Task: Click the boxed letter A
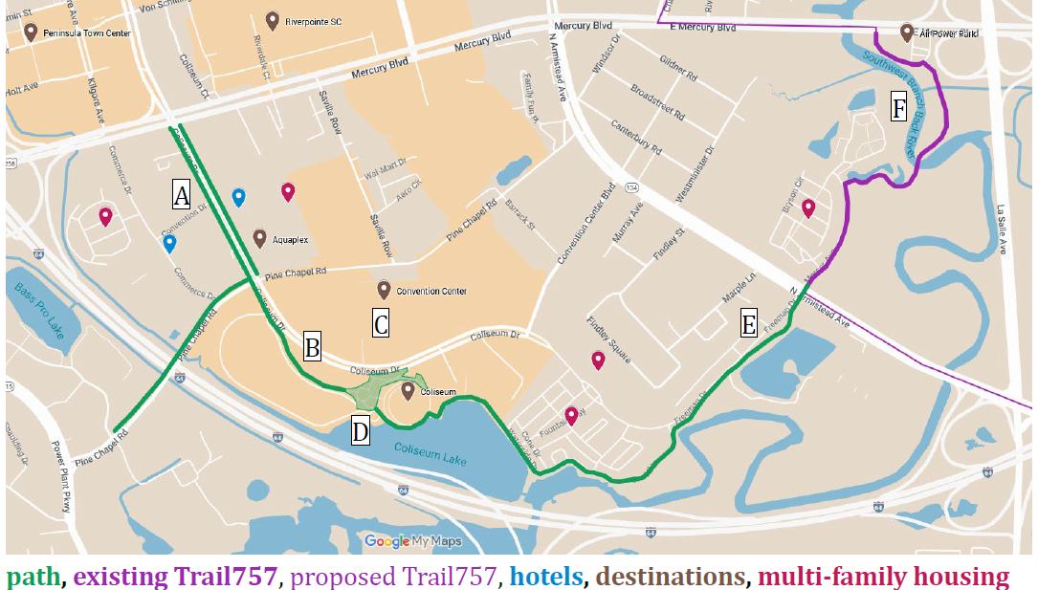(181, 195)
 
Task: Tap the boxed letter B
(312, 346)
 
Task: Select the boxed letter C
(381, 324)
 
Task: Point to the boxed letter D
(360, 431)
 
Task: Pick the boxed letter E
(749, 325)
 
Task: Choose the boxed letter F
(898, 108)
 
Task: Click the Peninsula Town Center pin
(32, 32)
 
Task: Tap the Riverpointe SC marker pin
(273, 20)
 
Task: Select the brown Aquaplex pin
(259, 237)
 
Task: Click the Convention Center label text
(431, 291)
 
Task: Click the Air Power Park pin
(907, 33)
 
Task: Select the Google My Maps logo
(413, 541)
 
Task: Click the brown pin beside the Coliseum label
(409, 389)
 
